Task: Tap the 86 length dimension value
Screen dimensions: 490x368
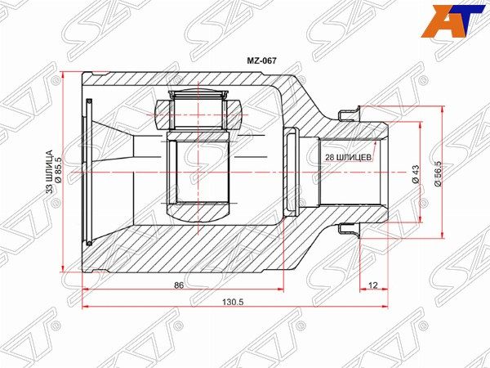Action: [x=178, y=285]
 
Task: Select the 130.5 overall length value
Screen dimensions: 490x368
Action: [x=233, y=303]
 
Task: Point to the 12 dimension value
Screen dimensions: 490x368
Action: [x=373, y=285]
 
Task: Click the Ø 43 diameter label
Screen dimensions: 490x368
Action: [x=416, y=174]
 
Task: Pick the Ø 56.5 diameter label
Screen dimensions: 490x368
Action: [x=438, y=173]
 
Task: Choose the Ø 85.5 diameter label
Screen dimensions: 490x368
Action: [x=58, y=170]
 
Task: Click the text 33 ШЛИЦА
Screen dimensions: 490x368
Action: [x=49, y=171]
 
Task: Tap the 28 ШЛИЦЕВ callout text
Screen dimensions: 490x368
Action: [x=349, y=157]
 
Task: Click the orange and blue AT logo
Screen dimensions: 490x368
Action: [x=455, y=21]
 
